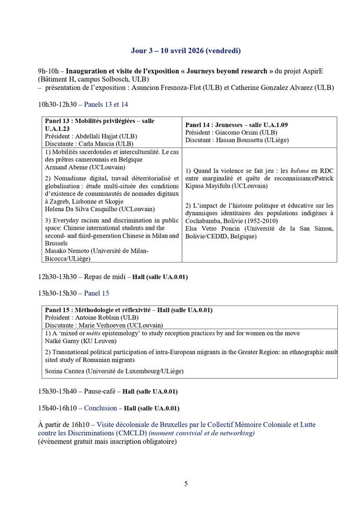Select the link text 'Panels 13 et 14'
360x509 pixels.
click(106, 104)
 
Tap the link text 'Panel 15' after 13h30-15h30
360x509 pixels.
click(97, 293)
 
